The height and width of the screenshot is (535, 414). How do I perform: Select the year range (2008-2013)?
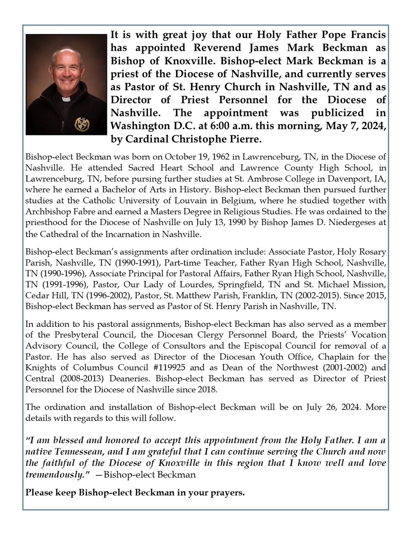[81, 378]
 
